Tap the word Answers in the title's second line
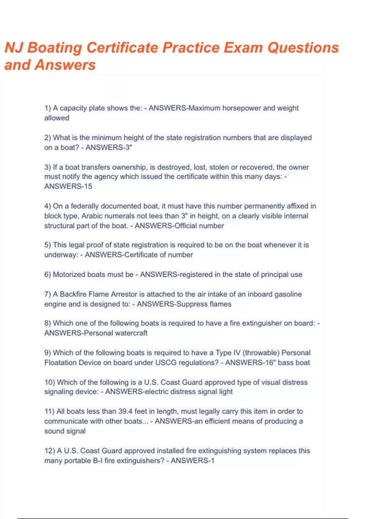(65, 65)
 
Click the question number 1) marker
(48, 108)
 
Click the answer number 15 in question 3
(88, 186)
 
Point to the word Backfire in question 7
(73, 294)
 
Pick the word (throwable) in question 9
(261, 353)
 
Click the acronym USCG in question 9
(166, 363)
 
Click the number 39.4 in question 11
(125, 411)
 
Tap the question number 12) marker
(50, 451)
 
